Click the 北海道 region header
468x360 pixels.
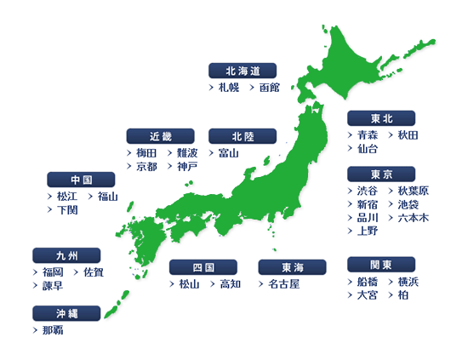point(243,70)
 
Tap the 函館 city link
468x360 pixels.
point(269,88)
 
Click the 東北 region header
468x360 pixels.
point(381,118)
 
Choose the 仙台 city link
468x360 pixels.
point(368,149)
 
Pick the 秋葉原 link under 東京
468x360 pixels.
point(413,191)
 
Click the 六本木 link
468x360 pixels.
point(413,218)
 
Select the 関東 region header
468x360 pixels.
point(381,265)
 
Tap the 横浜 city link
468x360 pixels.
point(408,282)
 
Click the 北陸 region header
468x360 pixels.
point(243,136)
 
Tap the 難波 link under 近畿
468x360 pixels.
point(187,153)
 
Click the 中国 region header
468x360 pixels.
point(82,180)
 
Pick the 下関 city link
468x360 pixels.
point(66,210)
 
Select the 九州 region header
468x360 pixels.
point(66,254)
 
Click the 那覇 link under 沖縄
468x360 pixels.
point(52,330)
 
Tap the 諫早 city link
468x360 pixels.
point(52,286)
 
